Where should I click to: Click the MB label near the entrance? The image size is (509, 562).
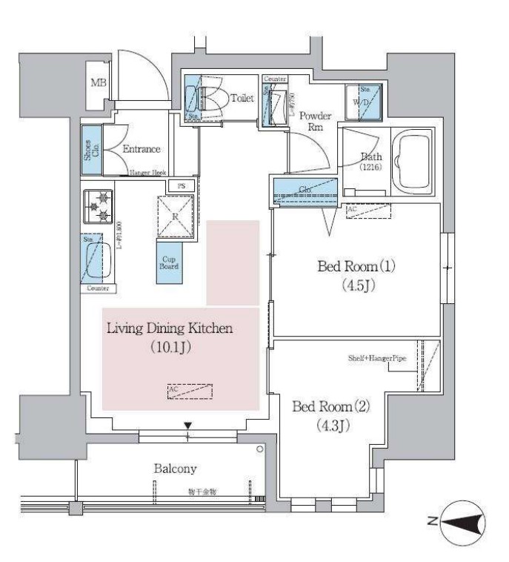98,82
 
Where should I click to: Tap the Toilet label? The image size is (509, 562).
242,97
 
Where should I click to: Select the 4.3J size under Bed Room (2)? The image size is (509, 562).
329,427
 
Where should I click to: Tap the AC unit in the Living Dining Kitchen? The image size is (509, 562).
190,391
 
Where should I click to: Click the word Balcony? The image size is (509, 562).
174,469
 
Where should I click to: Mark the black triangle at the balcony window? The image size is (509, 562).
188,425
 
